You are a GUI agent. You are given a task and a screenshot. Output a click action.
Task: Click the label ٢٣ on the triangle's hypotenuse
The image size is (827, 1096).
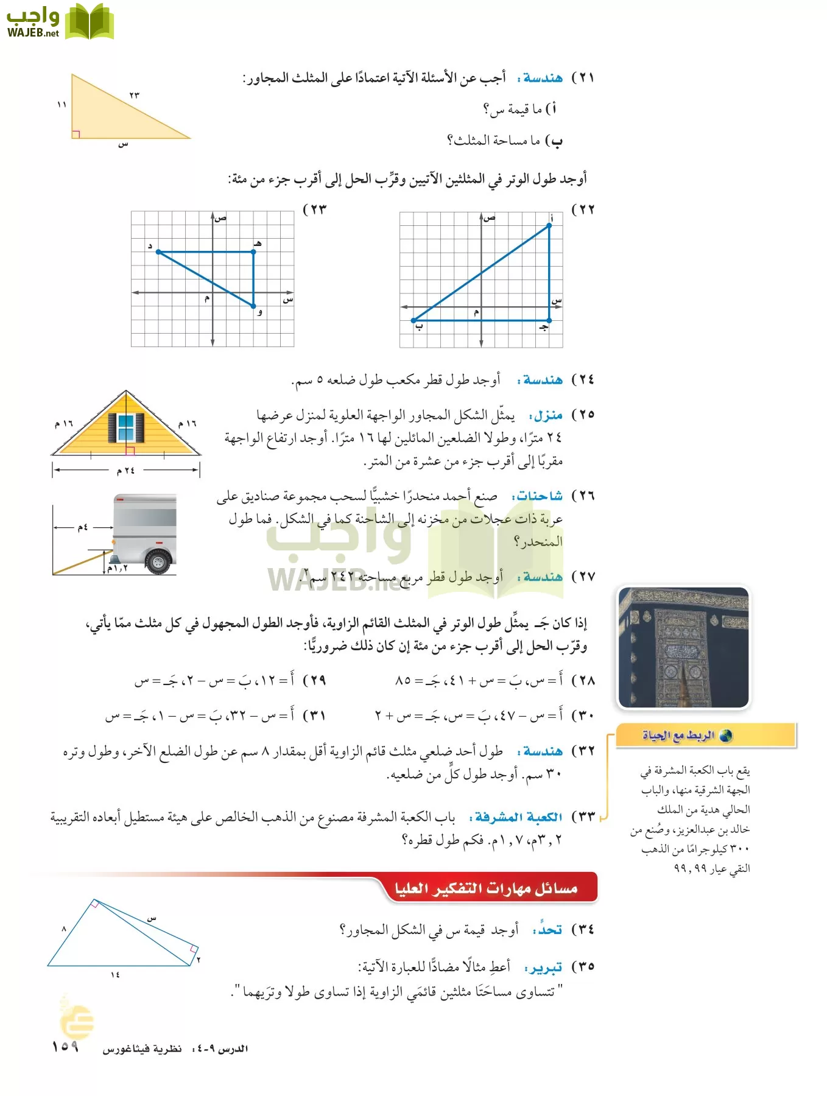(135, 95)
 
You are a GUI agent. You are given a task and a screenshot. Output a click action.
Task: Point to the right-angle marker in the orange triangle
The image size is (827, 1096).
(76, 134)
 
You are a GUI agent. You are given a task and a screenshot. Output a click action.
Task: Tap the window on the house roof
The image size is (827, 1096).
(126, 427)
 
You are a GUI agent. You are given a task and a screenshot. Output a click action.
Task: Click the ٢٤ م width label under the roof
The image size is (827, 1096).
(126, 470)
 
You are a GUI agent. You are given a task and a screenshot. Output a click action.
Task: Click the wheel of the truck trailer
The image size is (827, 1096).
(158, 561)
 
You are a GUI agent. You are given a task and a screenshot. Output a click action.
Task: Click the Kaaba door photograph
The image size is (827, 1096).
(683, 647)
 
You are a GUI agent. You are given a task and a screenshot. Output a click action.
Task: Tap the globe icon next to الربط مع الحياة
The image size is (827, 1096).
(725, 736)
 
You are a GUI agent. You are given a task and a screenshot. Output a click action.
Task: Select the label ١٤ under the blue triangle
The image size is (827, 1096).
(115, 975)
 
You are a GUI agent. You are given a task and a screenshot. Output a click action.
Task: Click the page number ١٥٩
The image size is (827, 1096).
(65, 1046)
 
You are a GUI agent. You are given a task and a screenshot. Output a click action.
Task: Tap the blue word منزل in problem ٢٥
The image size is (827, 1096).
(547, 416)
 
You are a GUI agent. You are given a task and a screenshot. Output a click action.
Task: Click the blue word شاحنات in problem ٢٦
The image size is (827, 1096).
(538, 496)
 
